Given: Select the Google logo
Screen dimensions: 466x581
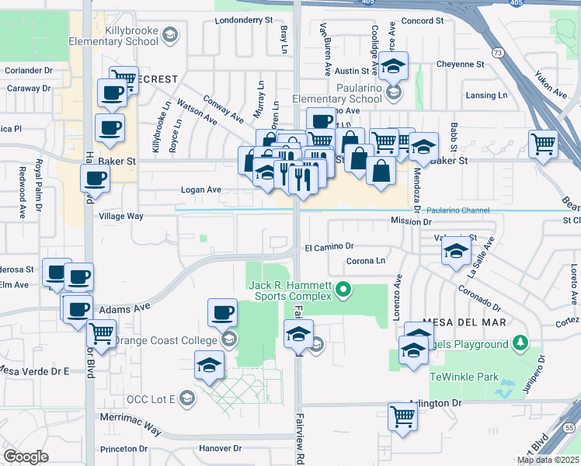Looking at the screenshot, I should pyautogui.click(x=26, y=456).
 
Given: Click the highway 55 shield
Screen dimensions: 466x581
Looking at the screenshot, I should pyautogui.click(x=570, y=427).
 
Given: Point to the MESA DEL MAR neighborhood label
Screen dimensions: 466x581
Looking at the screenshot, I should pyautogui.click(x=464, y=322).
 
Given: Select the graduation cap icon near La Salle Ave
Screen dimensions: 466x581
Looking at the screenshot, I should pyautogui.click(x=457, y=251).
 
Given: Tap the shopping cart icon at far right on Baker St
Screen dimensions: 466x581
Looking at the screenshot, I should pyautogui.click(x=544, y=143).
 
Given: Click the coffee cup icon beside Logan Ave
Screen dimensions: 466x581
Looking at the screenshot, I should pyautogui.click(x=95, y=178).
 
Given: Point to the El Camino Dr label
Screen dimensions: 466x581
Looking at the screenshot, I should pyautogui.click(x=329, y=248).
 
